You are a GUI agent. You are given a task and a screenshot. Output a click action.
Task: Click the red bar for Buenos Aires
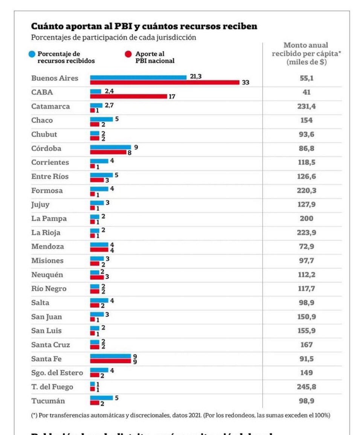(x=165, y=82)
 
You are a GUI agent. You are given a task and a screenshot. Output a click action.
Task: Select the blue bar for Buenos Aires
(x=138, y=77)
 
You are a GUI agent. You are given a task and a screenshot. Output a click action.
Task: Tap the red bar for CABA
(x=128, y=96)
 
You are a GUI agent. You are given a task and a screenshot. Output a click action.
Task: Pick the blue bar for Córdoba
(x=110, y=147)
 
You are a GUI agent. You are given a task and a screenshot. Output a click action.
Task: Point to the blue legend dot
(x=33, y=54)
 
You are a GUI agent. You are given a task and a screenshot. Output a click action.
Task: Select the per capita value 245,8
(x=306, y=387)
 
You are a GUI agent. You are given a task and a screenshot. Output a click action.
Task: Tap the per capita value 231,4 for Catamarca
(x=306, y=106)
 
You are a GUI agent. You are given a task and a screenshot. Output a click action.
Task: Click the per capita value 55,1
(x=306, y=78)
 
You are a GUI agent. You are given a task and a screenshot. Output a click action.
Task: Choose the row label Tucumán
(x=48, y=401)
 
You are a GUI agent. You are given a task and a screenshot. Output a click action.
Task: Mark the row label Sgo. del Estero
(x=57, y=373)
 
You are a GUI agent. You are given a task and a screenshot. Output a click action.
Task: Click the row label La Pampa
(x=49, y=219)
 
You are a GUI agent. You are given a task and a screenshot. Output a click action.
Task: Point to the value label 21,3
(x=196, y=77)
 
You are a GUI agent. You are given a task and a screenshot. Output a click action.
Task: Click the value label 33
(x=246, y=83)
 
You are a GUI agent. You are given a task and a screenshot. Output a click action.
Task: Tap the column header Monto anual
(x=306, y=45)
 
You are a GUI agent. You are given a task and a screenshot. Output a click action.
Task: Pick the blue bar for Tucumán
(x=101, y=398)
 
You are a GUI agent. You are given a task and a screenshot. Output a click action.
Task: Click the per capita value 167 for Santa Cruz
(x=306, y=345)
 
